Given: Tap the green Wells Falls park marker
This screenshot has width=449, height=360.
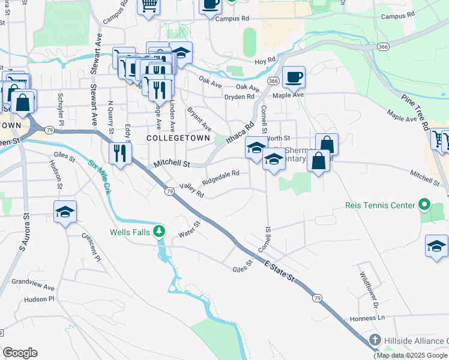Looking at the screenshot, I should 158,230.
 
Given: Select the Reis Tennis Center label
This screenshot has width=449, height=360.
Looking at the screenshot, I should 381,205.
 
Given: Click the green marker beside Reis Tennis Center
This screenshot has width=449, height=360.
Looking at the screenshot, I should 424,205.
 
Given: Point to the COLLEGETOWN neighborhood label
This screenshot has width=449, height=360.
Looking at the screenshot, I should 178,138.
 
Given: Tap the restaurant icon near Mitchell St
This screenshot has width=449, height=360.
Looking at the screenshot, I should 121,154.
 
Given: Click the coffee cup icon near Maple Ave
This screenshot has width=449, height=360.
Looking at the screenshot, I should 294,77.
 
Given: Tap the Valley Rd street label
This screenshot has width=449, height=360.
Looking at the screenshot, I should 192,190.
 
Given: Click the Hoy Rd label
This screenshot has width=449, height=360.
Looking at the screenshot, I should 265,61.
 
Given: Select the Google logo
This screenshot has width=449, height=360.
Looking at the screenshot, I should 20,353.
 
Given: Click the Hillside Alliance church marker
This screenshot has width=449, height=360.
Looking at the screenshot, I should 375,340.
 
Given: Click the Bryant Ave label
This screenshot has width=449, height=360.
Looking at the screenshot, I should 199,119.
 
